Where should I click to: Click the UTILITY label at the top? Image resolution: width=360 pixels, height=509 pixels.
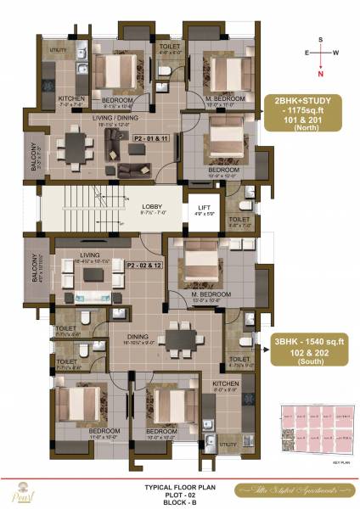[x=58, y=51]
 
